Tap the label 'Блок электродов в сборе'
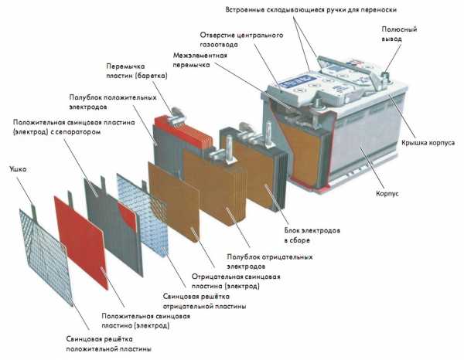tap(304, 234)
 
